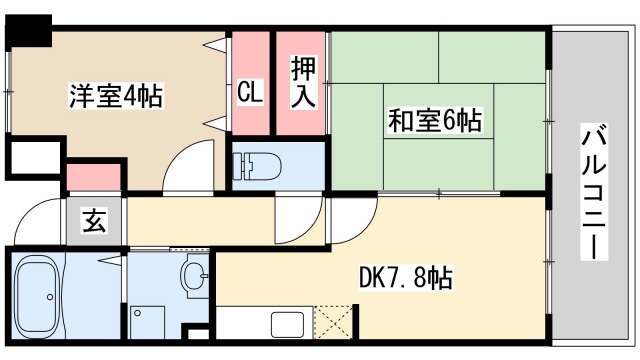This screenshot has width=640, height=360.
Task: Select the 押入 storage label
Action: [303, 83]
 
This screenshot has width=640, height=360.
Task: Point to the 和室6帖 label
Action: [435, 122]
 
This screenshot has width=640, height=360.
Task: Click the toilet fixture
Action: [257, 162]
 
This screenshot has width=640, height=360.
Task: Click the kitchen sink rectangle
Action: [288, 324]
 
